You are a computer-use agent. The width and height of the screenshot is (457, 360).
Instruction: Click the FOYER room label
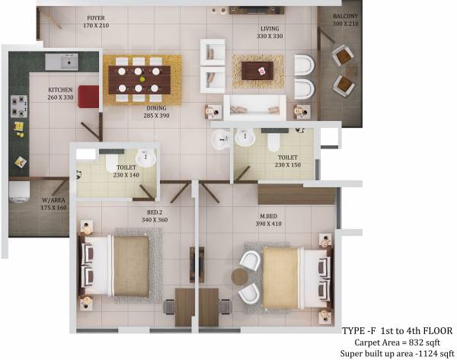click(95, 17)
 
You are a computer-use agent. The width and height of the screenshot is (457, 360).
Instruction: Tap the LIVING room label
click(269, 28)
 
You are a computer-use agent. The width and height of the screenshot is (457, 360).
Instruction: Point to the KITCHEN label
click(59, 89)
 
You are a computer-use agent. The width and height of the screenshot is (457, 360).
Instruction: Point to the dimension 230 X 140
click(127, 175)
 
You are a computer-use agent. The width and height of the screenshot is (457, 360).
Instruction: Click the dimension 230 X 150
click(289, 164)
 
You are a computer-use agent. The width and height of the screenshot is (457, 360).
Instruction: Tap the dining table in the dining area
click(138, 78)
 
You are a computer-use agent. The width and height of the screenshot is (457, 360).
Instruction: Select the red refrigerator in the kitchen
click(88, 97)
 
